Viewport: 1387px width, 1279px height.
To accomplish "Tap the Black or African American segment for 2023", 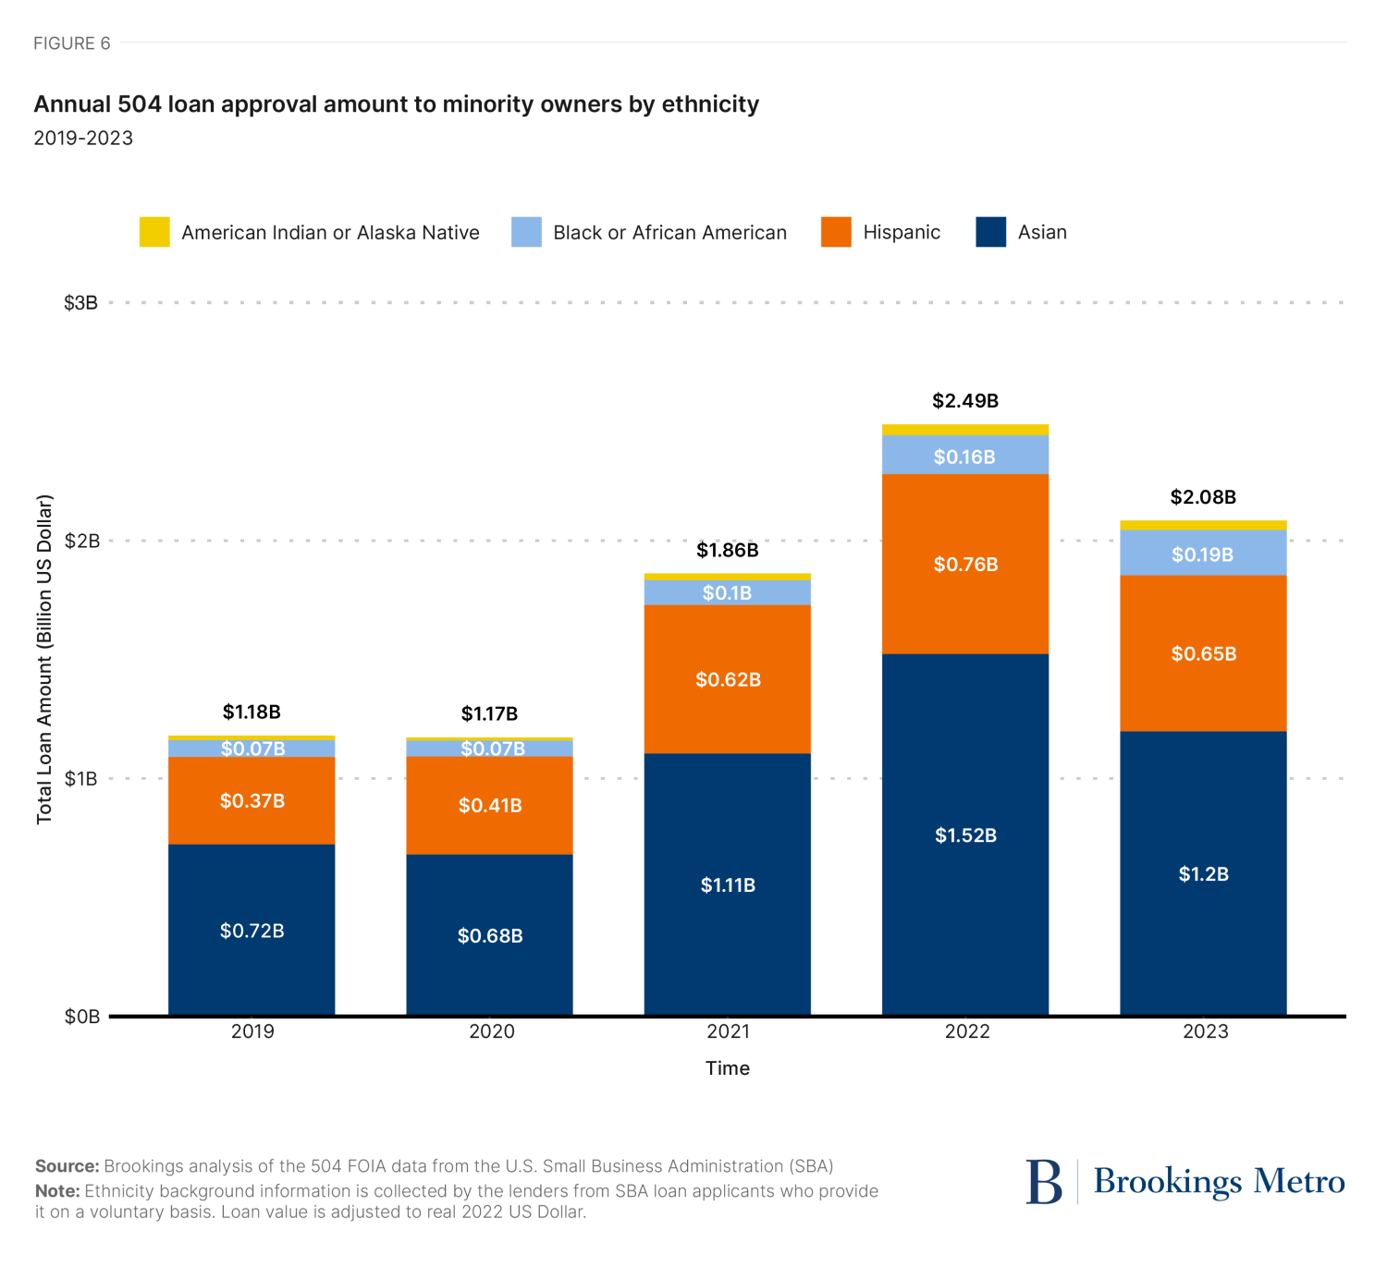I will tap(1203, 554).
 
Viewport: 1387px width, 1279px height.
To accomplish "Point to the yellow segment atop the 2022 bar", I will tap(965, 430).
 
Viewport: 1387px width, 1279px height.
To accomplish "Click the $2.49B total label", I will tap(965, 401).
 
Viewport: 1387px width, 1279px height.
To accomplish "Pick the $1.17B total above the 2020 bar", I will tap(489, 713).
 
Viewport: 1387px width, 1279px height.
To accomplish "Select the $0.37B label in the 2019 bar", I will tap(252, 800).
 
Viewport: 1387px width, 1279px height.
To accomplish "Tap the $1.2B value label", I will tap(1203, 874).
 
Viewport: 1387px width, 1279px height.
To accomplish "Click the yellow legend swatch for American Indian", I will tap(154, 232).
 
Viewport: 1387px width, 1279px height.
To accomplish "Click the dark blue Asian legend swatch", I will tap(990, 232).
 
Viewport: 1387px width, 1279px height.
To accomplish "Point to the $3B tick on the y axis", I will tap(80, 303).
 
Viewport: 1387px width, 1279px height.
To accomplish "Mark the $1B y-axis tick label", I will tap(80, 779).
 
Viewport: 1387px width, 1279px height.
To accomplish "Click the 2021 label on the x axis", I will tap(729, 1031).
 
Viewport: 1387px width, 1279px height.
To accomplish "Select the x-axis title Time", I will tap(728, 1068).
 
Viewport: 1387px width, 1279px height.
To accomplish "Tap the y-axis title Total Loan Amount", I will tap(44, 660).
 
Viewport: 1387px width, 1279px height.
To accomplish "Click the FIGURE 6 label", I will tap(71, 43).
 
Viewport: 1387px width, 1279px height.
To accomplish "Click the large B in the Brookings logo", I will tap(1044, 1182).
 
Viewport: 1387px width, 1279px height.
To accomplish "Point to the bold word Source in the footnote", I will tap(67, 1166).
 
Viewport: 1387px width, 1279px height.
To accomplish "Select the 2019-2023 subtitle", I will tap(83, 139).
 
